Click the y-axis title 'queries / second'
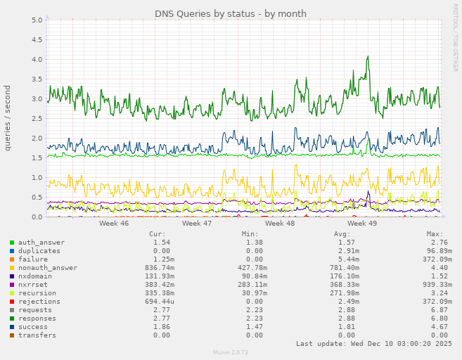tap(8, 117)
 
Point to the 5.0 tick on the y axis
tap(37, 20)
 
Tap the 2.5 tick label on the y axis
tap(37, 119)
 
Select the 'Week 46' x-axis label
tap(114, 223)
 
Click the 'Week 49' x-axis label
tap(362, 223)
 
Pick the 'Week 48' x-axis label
tap(280, 223)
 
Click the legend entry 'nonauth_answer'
tap(47, 268)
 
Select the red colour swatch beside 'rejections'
tap(12, 302)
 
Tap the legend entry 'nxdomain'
tap(35, 276)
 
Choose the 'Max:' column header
tap(435, 234)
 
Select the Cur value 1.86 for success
tap(162, 327)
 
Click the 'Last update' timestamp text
tap(374, 344)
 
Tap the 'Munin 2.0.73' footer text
tap(231, 352)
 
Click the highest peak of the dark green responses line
tap(368, 57)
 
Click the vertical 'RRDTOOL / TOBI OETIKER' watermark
tap(455, 37)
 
